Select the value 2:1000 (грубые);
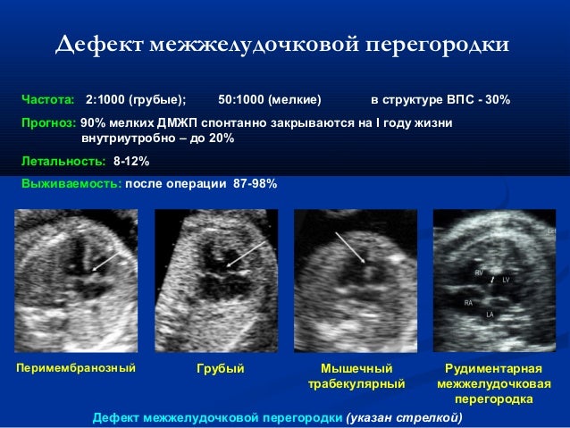click(x=136, y=98)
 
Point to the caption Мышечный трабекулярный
click(x=356, y=376)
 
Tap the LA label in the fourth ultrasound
click(x=490, y=315)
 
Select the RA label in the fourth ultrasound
click(x=468, y=303)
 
